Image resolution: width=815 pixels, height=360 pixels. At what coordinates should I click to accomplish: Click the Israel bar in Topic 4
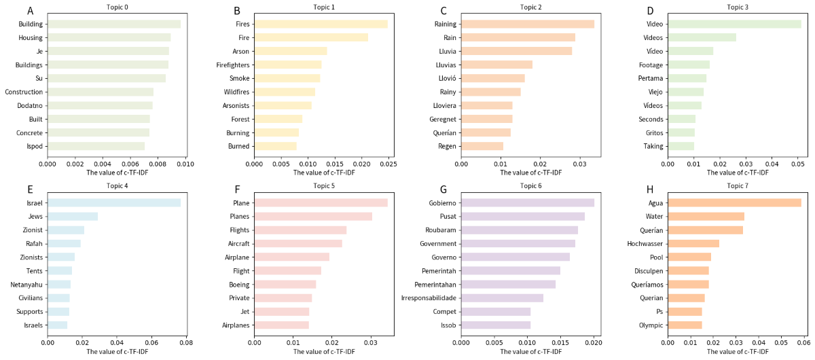(114, 202)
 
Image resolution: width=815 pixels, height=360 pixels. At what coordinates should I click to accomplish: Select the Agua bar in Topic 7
(734, 202)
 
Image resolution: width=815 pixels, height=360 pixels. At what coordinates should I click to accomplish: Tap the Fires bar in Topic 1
(321, 24)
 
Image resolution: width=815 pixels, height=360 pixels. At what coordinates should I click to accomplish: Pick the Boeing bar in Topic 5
(285, 284)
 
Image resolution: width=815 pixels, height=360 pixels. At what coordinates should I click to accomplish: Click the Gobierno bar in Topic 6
(528, 202)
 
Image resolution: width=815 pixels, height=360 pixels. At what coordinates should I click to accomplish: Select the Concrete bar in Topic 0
(98, 132)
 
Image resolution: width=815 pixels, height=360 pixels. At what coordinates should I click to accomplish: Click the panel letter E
(29, 190)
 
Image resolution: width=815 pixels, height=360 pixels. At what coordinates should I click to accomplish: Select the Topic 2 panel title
(530, 7)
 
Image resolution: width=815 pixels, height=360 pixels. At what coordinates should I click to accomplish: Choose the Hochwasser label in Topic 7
(645, 243)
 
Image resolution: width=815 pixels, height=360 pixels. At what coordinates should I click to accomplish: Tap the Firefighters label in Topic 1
(231, 65)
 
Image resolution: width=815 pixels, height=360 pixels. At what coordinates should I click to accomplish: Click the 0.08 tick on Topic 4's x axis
(185, 342)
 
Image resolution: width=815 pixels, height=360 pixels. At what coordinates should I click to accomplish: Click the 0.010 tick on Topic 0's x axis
(185, 164)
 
